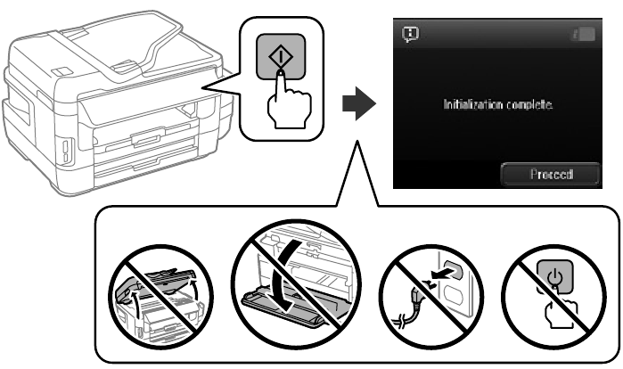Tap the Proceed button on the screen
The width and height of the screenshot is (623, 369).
pos(549,173)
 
